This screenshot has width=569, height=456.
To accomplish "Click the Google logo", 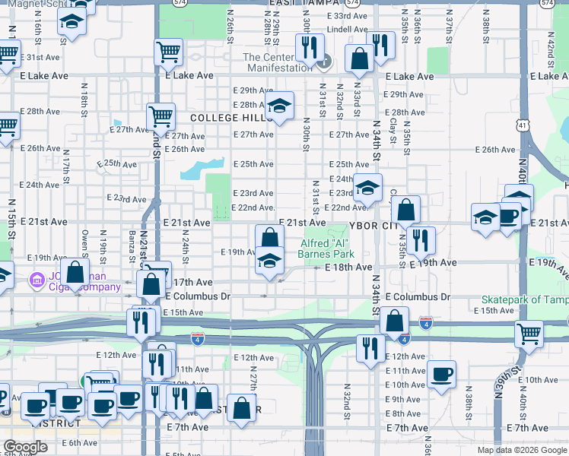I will (25, 447).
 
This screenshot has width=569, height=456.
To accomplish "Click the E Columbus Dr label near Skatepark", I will (418, 296).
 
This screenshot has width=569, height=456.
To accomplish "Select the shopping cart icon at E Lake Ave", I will (169, 52).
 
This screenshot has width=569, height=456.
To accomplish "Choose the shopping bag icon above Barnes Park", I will (269, 237).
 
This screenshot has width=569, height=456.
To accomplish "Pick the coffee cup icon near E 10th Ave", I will (441, 373).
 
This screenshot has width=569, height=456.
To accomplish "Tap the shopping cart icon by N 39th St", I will (529, 332).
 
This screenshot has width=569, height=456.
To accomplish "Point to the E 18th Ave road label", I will (348, 268).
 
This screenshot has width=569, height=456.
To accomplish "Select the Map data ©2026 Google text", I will (521, 450).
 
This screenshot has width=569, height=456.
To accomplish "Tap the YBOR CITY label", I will (374, 226).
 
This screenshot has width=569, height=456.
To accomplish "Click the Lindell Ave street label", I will (342, 29).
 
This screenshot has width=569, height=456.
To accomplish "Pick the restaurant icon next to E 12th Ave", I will (370, 348).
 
